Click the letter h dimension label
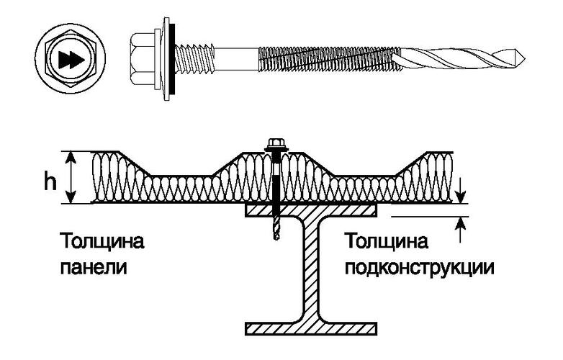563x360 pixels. pos(50,183)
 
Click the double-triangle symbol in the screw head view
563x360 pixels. pos(71,59)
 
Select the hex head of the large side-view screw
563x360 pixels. pos(143,59)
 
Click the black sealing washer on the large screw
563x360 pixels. pos(172,58)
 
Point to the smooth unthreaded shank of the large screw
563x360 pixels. pos(236,58)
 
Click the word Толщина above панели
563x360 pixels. pos(102,241)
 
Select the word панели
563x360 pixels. pos(94,267)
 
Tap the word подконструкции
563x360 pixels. pos(420,269)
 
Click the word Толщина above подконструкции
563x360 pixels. pos(387,241)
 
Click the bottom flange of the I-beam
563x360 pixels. pos(311,328)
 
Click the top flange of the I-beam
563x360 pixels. pos(311,210)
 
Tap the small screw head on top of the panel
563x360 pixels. pos(276,144)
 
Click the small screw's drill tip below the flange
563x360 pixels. pos(276,229)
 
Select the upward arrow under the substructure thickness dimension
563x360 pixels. pos(461,230)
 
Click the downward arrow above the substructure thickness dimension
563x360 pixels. pos(461,191)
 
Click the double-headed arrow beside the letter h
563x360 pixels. pos(71,177)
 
